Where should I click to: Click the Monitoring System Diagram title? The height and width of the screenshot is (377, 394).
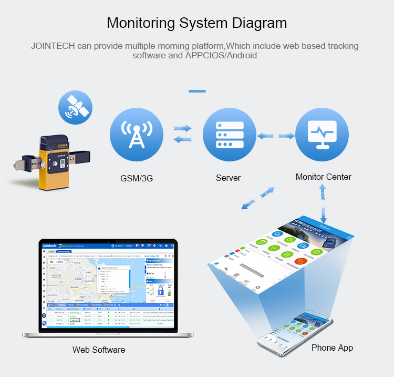pos(197,24)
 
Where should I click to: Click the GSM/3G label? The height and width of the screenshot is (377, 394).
pos(136,178)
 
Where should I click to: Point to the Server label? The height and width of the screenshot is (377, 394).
pos(228,178)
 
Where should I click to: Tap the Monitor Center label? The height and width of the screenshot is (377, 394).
pos(323,177)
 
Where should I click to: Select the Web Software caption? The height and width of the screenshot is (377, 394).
pos(99,350)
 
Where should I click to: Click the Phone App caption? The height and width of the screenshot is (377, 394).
pos(332,348)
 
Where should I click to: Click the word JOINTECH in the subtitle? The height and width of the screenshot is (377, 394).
pos(53,46)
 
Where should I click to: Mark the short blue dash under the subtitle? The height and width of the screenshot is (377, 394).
pos(197,91)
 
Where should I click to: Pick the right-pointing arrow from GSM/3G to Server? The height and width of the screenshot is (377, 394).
pos(182,128)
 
